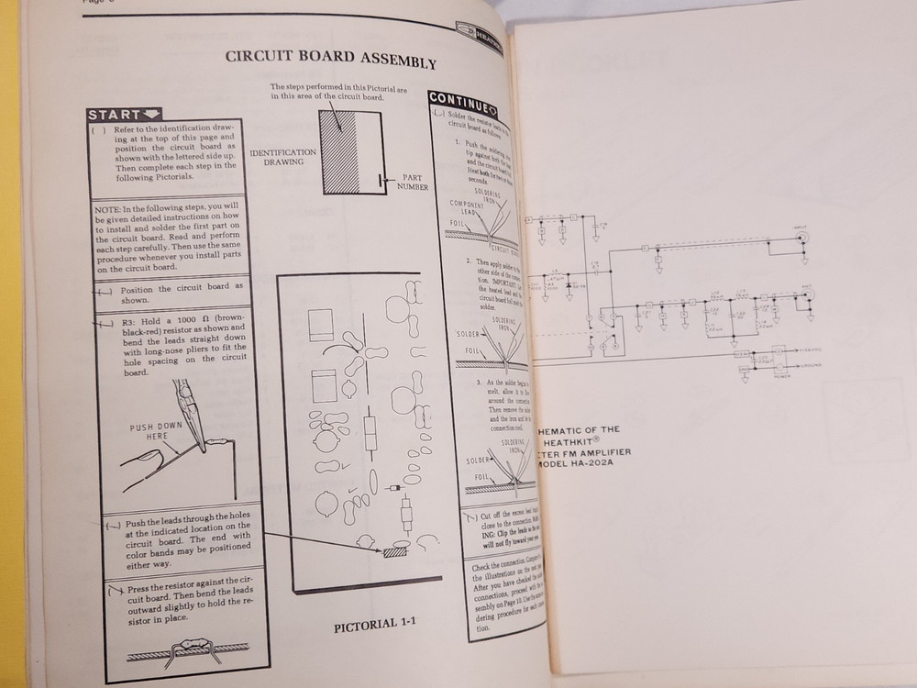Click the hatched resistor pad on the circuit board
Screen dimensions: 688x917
click(x=396, y=552)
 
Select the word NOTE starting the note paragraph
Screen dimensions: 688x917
click(x=108, y=209)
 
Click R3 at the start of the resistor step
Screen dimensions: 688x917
click(x=127, y=323)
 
